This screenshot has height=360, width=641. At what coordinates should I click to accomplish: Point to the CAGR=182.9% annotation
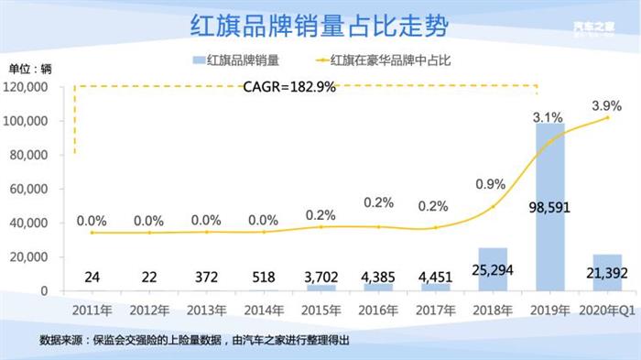(x=289, y=87)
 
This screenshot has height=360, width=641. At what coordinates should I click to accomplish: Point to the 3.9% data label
(x=606, y=104)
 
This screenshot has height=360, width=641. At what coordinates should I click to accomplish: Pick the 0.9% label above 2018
(x=491, y=184)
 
